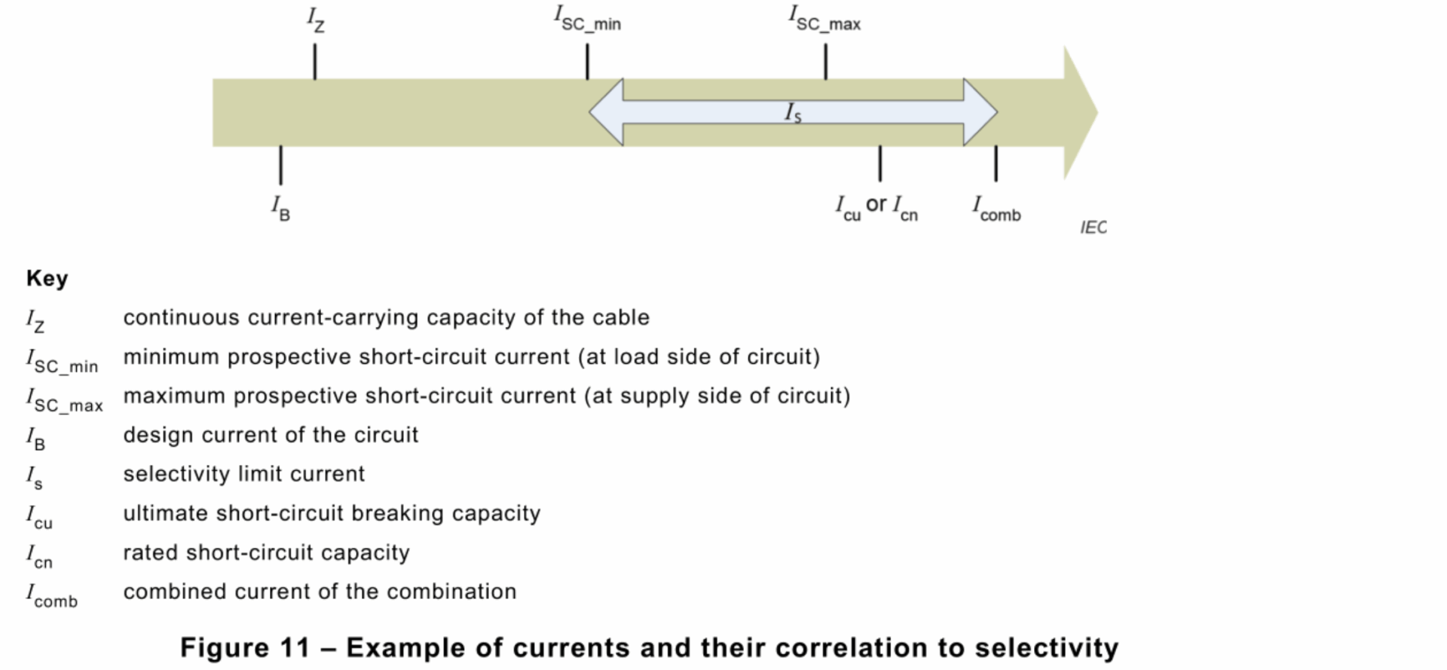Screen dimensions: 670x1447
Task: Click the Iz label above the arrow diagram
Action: click(x=316, y=20)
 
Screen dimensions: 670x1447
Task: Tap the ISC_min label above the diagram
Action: click(x=587, y=18)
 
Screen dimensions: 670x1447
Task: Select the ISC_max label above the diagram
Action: click(x=824, y=18)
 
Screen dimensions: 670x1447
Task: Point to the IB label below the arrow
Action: click(x=280, y=208)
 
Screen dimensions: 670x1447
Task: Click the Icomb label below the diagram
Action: click(x=996, y=209)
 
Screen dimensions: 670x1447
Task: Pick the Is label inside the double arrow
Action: click(x=793, y=113)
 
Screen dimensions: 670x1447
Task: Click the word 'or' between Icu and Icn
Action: click(x=876, y=204)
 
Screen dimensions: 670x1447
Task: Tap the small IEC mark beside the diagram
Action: click(x=1093, y=228)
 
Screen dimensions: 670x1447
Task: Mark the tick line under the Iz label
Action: click(x=315, y=62)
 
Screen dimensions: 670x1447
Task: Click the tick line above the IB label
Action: click(x=281, y=165)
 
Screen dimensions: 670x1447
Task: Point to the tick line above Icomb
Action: click(x=996, y=164)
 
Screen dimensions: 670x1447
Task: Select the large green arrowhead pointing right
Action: click(x=1079, y=113)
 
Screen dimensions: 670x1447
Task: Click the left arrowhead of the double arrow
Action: click(x=607, y=112)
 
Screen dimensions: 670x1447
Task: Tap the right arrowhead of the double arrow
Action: click(x=979, y=112)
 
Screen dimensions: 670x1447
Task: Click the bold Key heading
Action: click(x=47, y=278)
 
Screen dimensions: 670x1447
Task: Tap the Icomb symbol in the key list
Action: click(x=52, y=595)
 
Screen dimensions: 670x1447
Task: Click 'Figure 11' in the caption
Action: click(x=245, y=647)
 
